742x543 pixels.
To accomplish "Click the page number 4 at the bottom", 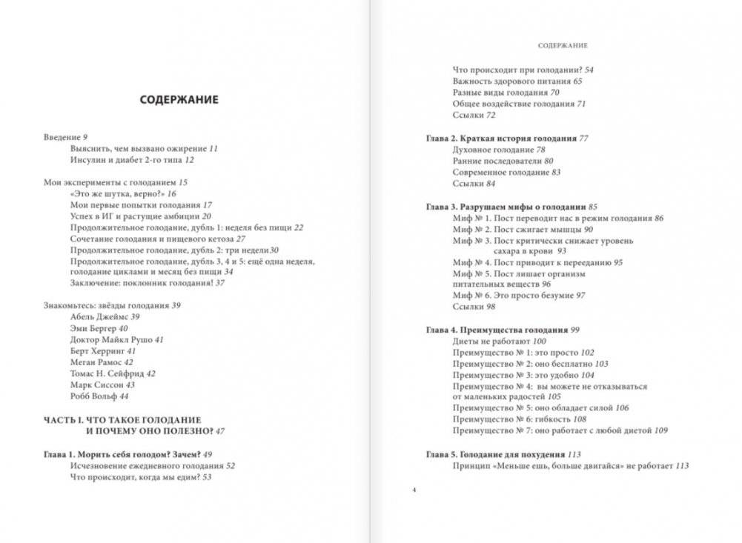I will (415, 490).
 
